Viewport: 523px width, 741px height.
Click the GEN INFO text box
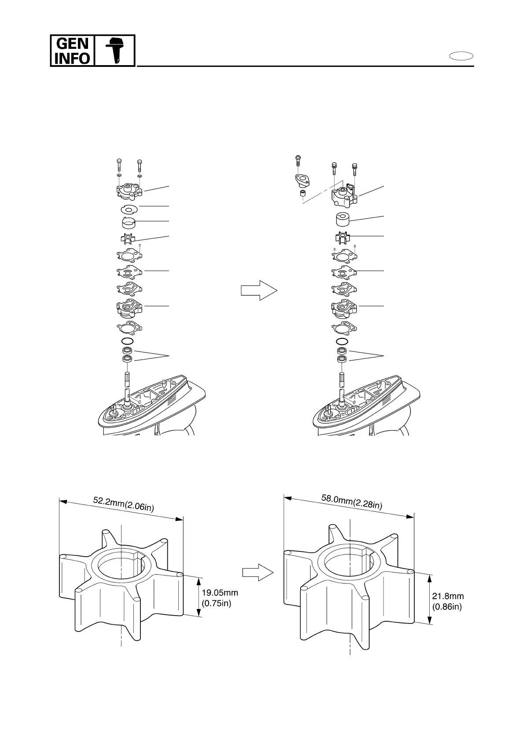pyautogui.click(x=72, y=51)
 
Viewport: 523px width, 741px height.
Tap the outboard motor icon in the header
pyautogui.click(x=114, y=51)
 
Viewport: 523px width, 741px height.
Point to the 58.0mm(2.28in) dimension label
pyautogui.click(x=351, y=502)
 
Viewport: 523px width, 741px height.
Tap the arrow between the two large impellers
pyautogui.click(x=258, y=572)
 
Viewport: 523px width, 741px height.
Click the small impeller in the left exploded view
pyautogui.click(x=129, y=239)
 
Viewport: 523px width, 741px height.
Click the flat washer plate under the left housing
pyautogui.click(x=129, y=209)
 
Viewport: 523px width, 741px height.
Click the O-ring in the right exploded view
pyautogui.click(x=343, y=341)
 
